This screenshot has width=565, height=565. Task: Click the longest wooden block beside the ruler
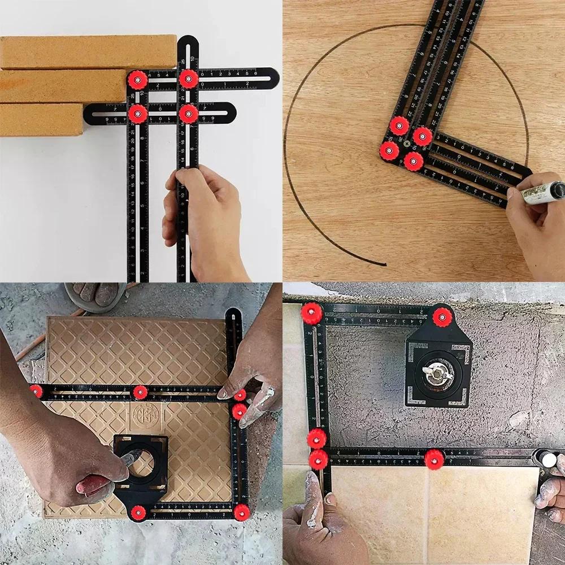pyautogui.click(x=85, y=52)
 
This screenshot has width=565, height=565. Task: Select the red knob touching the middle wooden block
pyautogui.click(x=137, y=80)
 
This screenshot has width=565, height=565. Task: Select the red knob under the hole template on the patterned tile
pyautogui.click(x=138, y=512)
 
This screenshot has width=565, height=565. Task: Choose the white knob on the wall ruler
pyautogui.click(x=548, y=459)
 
